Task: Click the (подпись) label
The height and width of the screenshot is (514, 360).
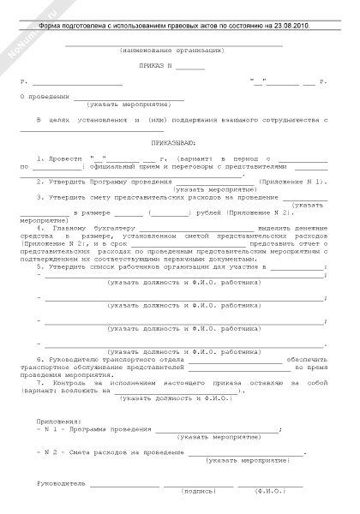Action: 198,491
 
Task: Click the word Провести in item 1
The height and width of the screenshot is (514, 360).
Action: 64,159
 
